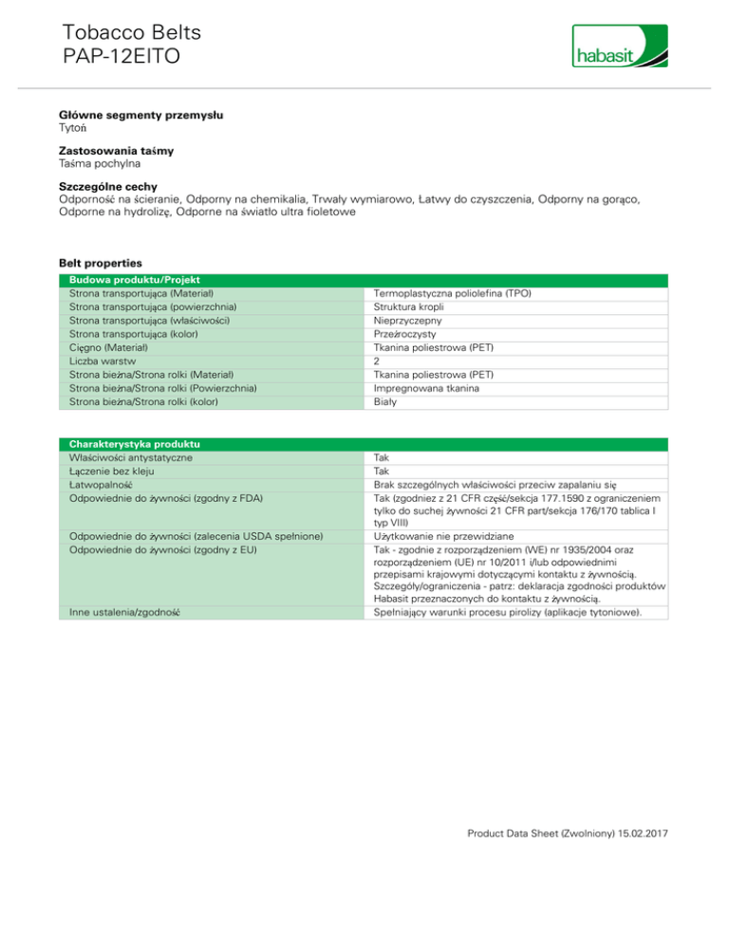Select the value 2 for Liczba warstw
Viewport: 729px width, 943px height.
pyautogui.click(x=378, y=361)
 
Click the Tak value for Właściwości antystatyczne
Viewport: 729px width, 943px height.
pyautogui.click(x=382, y=457)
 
